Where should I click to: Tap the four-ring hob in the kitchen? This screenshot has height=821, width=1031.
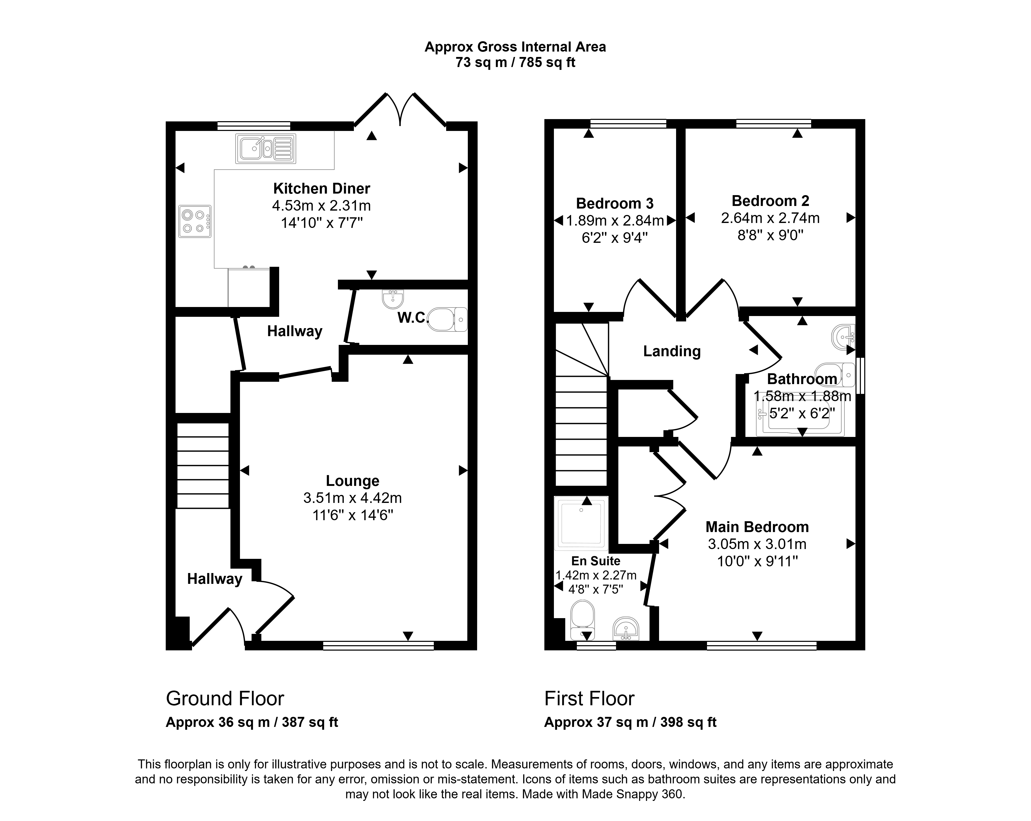coord(195,221)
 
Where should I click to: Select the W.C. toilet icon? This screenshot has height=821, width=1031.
coord(447,319)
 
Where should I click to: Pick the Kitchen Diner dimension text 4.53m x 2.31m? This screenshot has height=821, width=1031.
coord(321,206)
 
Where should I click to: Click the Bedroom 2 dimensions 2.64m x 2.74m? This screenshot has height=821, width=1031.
coord(770,218)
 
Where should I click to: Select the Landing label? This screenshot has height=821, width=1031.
coord(672,351)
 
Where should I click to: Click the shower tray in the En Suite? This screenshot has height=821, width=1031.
coord(581,523)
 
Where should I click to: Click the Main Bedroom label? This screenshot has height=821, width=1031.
coord(757,527)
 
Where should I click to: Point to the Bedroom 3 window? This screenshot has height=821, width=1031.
coord(628,123)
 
